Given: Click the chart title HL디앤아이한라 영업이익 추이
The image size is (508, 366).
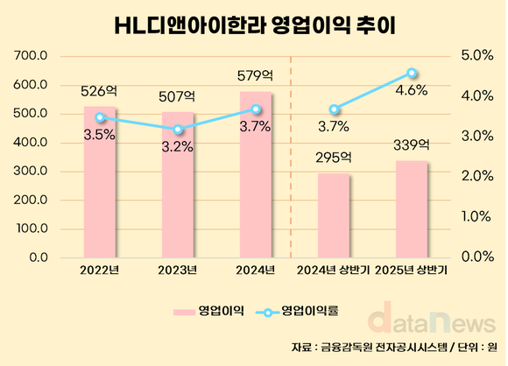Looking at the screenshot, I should coord(255,25).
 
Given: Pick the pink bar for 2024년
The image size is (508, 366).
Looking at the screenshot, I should coord(256,175).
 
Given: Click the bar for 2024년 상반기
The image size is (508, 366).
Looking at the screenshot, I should coord(334,215).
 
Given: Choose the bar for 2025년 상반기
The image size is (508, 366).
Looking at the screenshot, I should coord(412,209).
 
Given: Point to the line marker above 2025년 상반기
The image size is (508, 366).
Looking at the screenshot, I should coord(412,73).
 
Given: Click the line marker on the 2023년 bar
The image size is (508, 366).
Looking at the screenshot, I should coord(178,130).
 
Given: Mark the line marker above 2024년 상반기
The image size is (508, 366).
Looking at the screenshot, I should coord(334,109).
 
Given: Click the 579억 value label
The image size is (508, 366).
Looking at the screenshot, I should coord(255,76).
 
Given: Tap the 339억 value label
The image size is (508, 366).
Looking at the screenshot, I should coord(412,144).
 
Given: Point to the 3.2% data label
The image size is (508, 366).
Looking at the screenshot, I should coord(178,146).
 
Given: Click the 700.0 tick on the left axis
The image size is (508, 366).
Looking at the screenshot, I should coord(32,56).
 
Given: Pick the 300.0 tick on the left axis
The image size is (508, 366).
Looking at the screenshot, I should coord(32,171).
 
